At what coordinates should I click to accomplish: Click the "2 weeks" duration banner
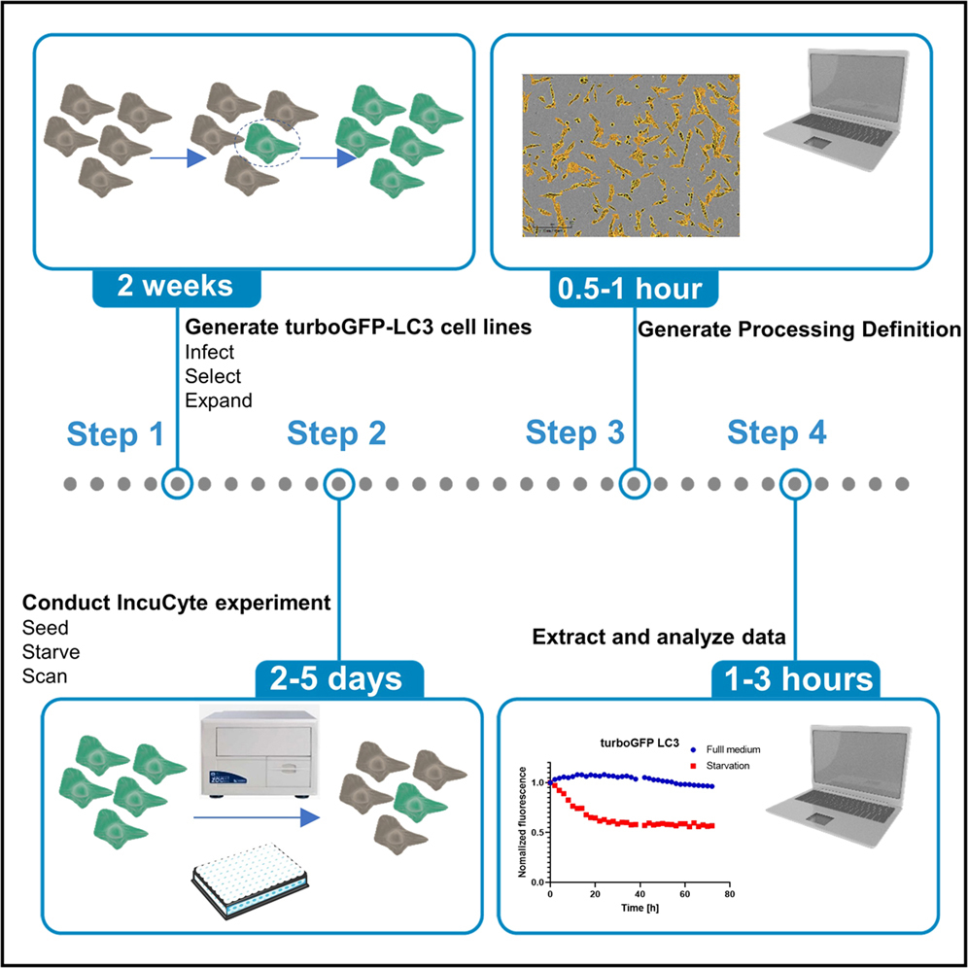click(176, 287)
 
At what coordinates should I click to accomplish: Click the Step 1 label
click(116, 434)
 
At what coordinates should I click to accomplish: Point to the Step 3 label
click(575, 433)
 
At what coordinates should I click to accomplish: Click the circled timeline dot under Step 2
click(337, 483)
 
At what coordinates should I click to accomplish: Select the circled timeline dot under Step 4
click(796, 483)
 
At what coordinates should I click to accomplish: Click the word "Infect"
click(209, 352)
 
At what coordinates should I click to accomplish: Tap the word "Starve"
click(51, 650)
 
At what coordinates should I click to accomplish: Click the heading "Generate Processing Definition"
click(799, 329)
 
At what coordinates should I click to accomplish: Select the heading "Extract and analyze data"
click(659, 638)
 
